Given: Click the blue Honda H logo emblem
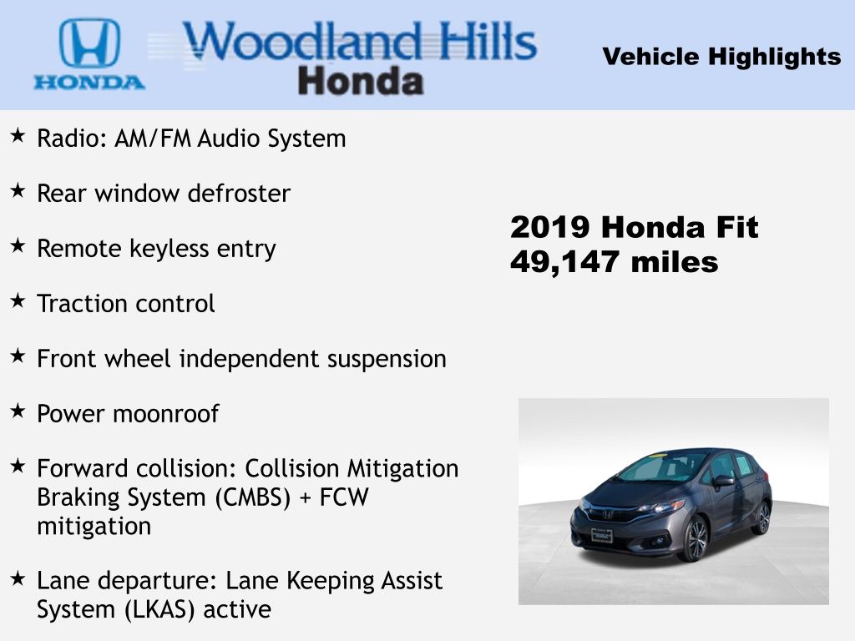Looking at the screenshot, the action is (89, 43).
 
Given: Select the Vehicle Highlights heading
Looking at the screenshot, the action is (721, 57).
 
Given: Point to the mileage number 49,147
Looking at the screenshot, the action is (564, 263).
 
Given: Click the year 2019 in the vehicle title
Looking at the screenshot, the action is (550, 227).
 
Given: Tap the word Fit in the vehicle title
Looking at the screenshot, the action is (736, 227).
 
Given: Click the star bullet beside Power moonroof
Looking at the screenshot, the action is (18, 411).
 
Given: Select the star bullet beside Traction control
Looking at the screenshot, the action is (18, 300).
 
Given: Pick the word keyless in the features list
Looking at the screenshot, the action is (169, 250).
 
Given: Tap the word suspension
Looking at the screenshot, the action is (387, 360).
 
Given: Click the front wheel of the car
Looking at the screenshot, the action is (694, 538).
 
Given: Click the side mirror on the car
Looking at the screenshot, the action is (723, 481).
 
